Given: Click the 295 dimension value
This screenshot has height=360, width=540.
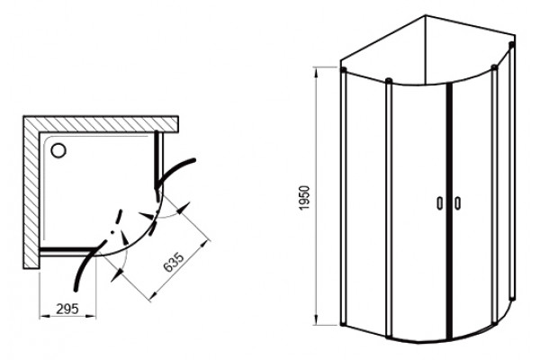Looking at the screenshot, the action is [x=67, y=309].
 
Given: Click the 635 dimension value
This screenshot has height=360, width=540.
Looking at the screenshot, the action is [x=174, y=263].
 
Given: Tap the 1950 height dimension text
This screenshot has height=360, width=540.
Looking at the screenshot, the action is [x=305, y=198].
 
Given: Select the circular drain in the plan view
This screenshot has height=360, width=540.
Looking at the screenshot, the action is [x=58, y=150].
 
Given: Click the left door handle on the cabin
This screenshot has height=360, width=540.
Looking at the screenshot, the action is [x=440, y=202].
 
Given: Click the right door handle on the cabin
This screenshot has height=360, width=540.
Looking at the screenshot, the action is [x=457, y=202].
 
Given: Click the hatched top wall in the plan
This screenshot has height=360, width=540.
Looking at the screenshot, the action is [x=101, y=123].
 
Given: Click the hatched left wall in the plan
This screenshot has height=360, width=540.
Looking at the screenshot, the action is [x=31, y=193].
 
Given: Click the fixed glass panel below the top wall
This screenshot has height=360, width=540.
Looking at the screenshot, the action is [x=158, y=159].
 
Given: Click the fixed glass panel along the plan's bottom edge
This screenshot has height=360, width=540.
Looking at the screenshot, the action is [x=67, y=250].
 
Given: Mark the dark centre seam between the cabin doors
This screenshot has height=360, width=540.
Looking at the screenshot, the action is [x=449, y=211].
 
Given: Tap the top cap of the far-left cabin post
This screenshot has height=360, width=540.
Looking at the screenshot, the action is [x=343, y=70].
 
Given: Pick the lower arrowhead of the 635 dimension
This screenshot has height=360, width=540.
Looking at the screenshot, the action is [x=117, y=275].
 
